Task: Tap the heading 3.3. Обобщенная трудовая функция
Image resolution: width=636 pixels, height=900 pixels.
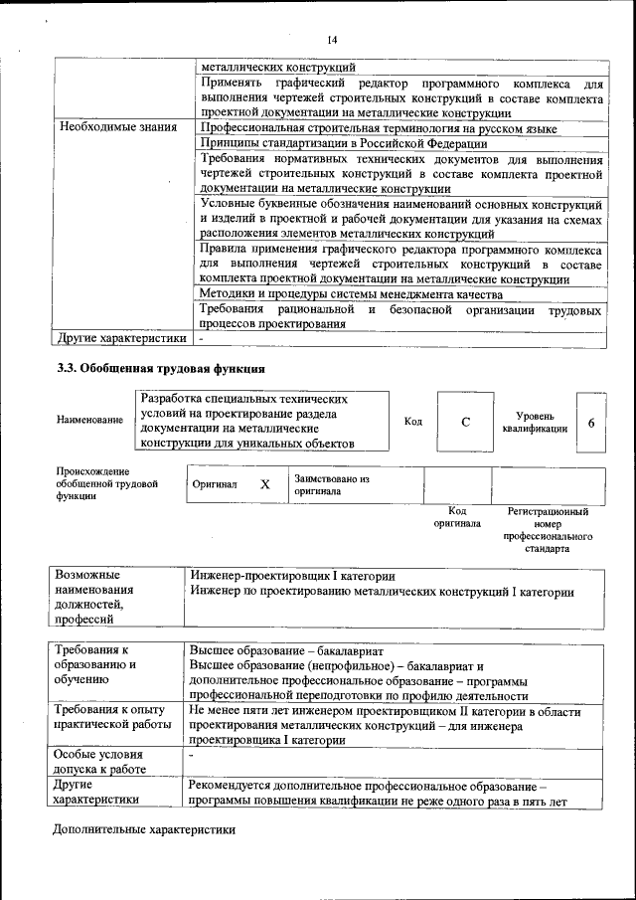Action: point(159,370)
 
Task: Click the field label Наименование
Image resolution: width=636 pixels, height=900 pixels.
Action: point(89,421)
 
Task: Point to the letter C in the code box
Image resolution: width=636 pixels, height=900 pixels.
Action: point(465,423)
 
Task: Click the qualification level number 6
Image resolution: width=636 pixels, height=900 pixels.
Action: point(591,423)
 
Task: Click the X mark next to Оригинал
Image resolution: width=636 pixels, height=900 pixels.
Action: point(265,485)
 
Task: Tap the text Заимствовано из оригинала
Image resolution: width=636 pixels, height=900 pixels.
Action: point(331,484)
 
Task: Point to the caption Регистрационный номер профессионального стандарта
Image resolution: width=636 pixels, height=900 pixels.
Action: point(548,530)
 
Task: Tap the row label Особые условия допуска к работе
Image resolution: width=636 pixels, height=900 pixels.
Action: point(99,762)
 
